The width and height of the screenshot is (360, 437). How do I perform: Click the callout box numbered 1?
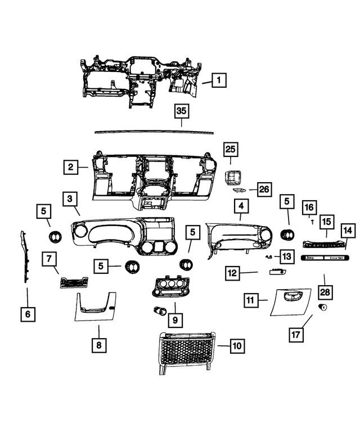click(x=218, y=80)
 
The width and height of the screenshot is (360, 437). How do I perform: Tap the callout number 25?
click(x=231, y=149)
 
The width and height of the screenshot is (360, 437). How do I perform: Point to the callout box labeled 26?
click(x=264, y=190)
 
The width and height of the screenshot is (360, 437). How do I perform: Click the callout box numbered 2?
click(x=70, y=166)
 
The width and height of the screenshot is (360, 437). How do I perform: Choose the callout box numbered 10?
click(x=237, y=346)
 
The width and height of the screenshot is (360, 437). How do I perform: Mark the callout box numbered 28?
click(x=325, y=292)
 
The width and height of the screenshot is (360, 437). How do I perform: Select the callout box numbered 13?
click(x=286, y=256)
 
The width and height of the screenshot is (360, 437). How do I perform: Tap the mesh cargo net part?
click(x=186, y=351)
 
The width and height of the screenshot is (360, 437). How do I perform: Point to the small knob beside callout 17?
click(x=323, y=307)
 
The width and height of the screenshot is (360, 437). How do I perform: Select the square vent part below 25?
click(x=231, y=177)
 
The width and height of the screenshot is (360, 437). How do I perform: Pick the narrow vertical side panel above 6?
click(x=24, y=256)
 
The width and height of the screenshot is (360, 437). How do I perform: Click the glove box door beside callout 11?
click(x=289, y=301)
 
